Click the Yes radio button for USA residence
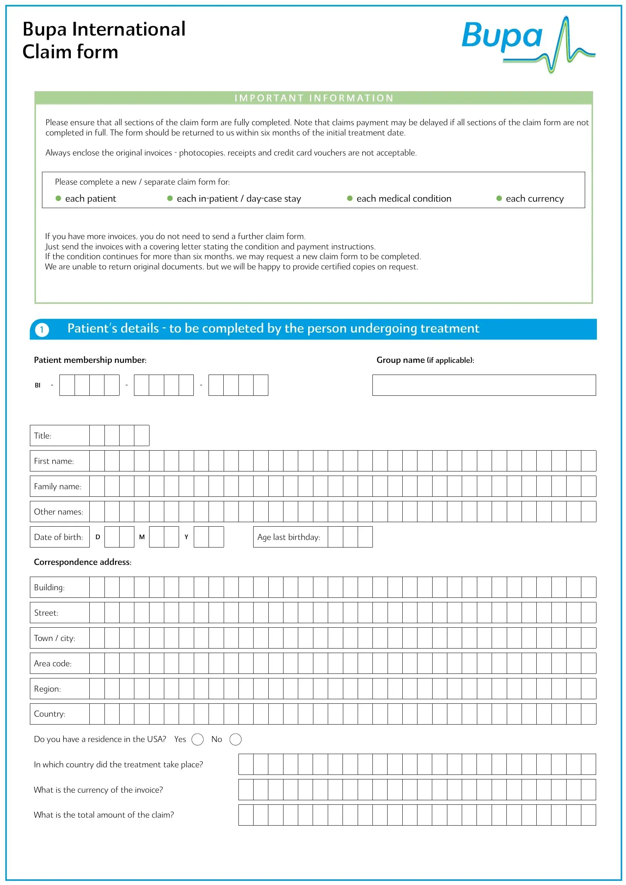point(197,739)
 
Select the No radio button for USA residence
point(235,739)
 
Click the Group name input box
point(484,385)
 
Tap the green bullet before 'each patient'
point(58,199)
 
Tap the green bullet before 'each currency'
point(499,199)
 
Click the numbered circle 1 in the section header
point(42,330)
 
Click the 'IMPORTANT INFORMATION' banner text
point(314,98)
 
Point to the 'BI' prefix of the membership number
point(37,385)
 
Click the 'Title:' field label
point(42,436)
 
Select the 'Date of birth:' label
point(58,537)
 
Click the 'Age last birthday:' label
point(288,537)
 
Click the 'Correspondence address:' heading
point(83,562)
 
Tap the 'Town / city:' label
point(55,638)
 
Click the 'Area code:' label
point(53,663)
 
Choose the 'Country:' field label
point(49,714)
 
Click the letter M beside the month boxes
point(142,537)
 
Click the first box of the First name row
point(97,461)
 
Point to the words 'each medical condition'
point(403,199)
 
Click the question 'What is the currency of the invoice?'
point(98,790)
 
